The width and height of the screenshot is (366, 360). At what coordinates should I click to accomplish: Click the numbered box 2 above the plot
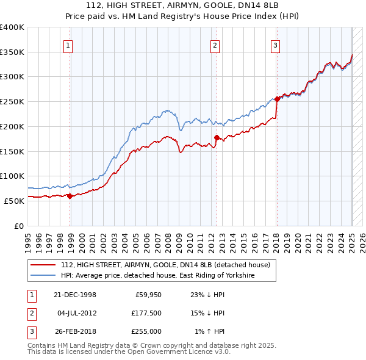215,45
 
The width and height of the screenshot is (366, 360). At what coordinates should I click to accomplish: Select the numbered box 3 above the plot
275,45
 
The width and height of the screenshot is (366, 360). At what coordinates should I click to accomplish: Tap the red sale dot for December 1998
70,196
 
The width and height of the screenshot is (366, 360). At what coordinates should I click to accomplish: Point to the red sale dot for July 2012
217,138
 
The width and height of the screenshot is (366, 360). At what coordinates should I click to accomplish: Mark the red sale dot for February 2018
277,99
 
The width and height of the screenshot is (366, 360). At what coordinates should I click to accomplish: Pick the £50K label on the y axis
14,201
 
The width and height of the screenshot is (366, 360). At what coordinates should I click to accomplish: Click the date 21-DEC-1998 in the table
75,295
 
